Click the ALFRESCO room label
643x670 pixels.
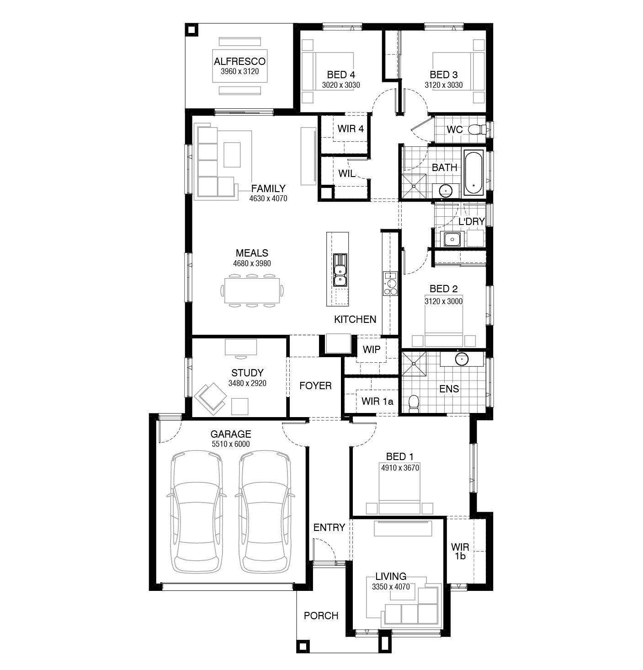click(239, 62)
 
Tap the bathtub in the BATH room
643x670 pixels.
click(474, 173)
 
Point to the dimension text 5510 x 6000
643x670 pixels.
click(230, 444)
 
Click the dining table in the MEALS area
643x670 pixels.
click(252, 290)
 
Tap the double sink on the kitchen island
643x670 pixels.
click(340, 270)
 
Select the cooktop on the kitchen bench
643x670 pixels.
click(390, 284)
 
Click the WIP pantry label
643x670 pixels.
click(371, 349)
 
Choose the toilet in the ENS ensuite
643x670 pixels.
click(413, 403)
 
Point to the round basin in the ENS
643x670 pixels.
click(462, 359)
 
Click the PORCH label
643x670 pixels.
click(321, 615)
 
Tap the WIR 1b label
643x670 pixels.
click(460, 551)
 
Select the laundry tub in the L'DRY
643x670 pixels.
click(452, 239)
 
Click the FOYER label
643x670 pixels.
click(315, 386)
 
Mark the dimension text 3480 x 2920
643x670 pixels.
click(247, 383)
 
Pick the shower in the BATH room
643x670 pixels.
click(414, 186)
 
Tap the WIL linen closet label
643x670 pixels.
click(346, 173)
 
